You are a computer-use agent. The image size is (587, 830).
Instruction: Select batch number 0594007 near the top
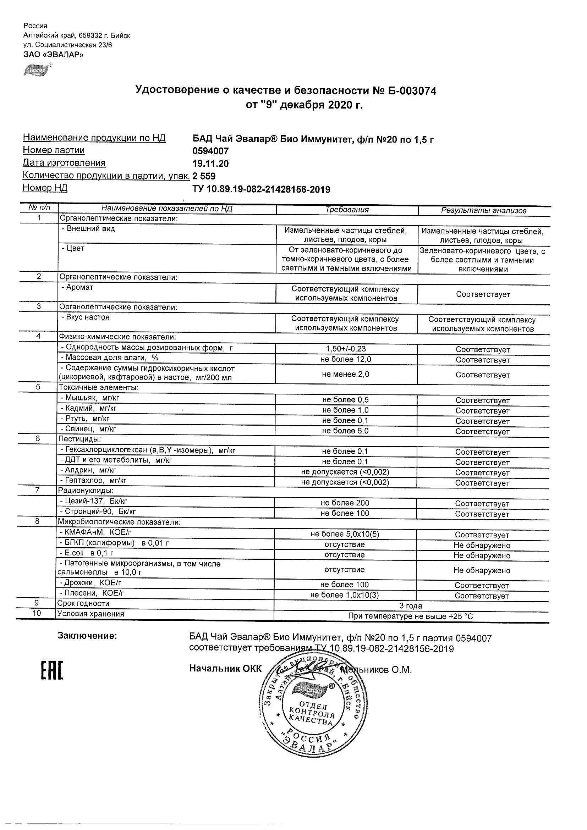pos(210,151)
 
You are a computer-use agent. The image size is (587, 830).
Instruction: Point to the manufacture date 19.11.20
pos(210,164)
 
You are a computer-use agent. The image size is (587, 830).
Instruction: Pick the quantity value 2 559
pos(204,176)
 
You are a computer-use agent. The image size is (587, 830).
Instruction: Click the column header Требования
pos(347,210)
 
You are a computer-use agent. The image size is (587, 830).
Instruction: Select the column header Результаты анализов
pos(484,210)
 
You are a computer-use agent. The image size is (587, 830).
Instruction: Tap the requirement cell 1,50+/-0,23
pos(346,349)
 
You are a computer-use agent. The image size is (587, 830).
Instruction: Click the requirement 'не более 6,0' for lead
pos(346,431)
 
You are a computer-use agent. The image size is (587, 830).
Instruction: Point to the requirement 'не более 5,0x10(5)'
pos(345,534)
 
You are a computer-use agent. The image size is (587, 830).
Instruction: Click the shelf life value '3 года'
pos(411,606)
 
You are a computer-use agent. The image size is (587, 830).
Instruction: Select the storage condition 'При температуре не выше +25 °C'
pos(411,616)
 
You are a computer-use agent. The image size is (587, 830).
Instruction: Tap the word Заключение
pos(87,636)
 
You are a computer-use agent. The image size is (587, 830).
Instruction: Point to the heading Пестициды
pos(79,439)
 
